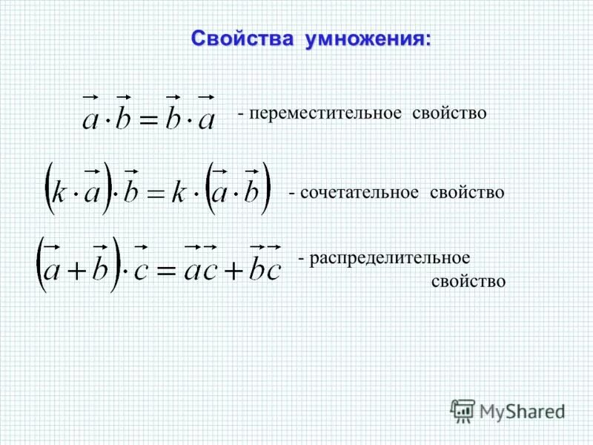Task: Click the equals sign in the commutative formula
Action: tap(149, 121)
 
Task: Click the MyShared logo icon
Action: tap(463, 410)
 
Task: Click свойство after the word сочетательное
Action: tap(468, 193)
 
